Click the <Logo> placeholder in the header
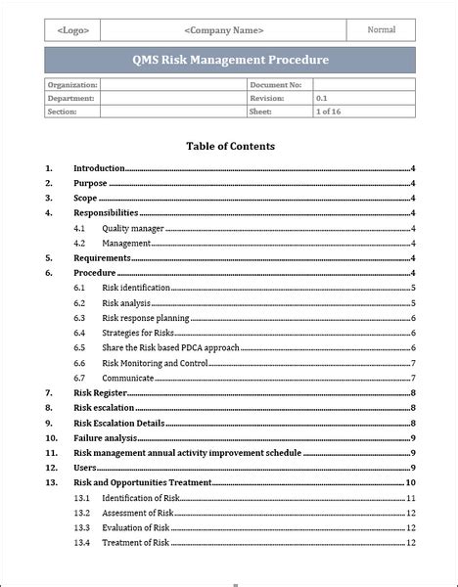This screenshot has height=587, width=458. (73, 30)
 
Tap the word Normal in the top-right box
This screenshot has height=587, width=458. (382, 30)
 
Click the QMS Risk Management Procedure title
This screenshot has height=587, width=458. (230, 61)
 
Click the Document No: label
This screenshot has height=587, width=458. (278, 86)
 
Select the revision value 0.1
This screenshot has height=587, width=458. (322, 99)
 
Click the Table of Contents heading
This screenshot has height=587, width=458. (230, 147)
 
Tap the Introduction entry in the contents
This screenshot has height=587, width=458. (99, 168)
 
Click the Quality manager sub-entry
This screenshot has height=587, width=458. (132, 228)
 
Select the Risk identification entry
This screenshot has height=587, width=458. (136, 288)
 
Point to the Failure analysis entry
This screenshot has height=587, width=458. (105, 437)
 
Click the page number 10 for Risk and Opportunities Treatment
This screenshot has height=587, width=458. (412, 482)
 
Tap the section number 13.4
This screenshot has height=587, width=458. (81, 542)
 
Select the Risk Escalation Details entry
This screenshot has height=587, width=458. (118, 423)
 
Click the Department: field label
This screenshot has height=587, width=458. (71, 99)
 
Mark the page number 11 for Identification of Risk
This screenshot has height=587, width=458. (412, 497)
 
